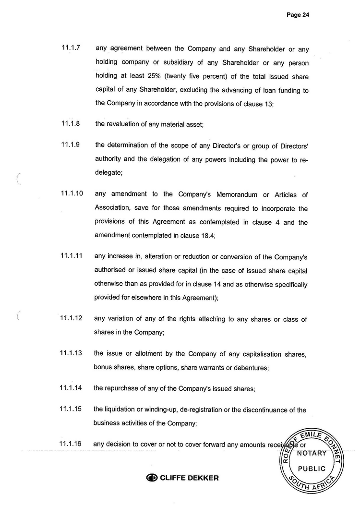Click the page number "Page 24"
coord(298,15)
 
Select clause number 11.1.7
coord(71,48)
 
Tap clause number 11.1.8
coord(71,123)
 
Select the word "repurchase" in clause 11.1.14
coord(121,389)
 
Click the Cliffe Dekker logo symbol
coord(152,478)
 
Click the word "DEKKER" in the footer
coord(201,478)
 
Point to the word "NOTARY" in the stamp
coord(312,453)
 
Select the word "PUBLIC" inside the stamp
coord(312,469)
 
